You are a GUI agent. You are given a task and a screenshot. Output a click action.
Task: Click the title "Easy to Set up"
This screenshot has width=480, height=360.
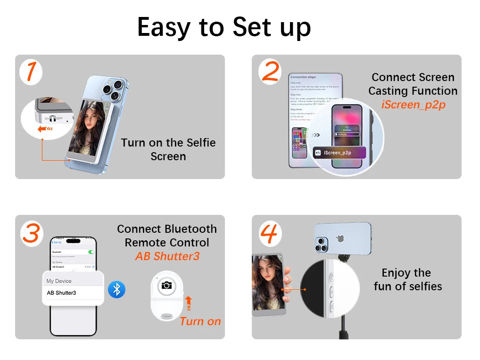pyautogui.click(x=224, y=27)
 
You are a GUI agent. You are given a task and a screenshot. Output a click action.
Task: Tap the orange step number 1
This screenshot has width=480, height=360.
pyautogui.click(x=31, y=72)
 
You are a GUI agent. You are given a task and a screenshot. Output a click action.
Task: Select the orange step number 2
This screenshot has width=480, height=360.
pyautogui.click(x=270, y=72)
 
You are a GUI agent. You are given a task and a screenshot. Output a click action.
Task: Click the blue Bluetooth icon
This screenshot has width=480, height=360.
pyautogui.click(x=116, y=289)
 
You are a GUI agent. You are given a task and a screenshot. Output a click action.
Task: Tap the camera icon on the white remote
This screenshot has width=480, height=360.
pyautogui.click(x=166, y=285)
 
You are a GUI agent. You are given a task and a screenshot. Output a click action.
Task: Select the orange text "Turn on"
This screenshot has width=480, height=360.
pyautogui.click(x=200, y=322)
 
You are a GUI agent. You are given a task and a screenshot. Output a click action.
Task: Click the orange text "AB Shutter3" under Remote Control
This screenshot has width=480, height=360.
pyautogui.click(x=167, y=256)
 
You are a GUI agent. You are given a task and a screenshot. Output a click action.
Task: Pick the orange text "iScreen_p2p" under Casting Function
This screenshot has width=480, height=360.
pyautogui.click(x=413, y=105)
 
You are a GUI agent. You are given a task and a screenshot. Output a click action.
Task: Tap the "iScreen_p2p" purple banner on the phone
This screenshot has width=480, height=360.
pyautogui.click(x=339, y=153)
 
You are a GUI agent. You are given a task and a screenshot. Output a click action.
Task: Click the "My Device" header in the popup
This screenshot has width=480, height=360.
pyautogui.click(x=59, y=281)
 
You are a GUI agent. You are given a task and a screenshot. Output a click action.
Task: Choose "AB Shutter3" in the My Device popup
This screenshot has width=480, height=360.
pyautogui.click(x=61, y=293)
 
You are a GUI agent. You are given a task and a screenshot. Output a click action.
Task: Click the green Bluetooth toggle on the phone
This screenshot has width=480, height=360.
pyautogui.click(x=91, y=252)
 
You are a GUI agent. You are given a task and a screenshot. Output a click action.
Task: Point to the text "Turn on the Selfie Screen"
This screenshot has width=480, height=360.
pyautogui.click(x=168, y=149)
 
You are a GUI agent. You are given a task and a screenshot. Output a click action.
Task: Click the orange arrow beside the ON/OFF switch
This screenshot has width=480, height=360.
pyautogui.click(x=45, y=128)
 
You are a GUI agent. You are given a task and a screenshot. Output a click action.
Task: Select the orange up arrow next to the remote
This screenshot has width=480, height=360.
pyautogui.click(x=189, y=303)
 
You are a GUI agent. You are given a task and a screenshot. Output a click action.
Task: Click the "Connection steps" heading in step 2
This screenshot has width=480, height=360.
pyautogui.click(x=303, y=77)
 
